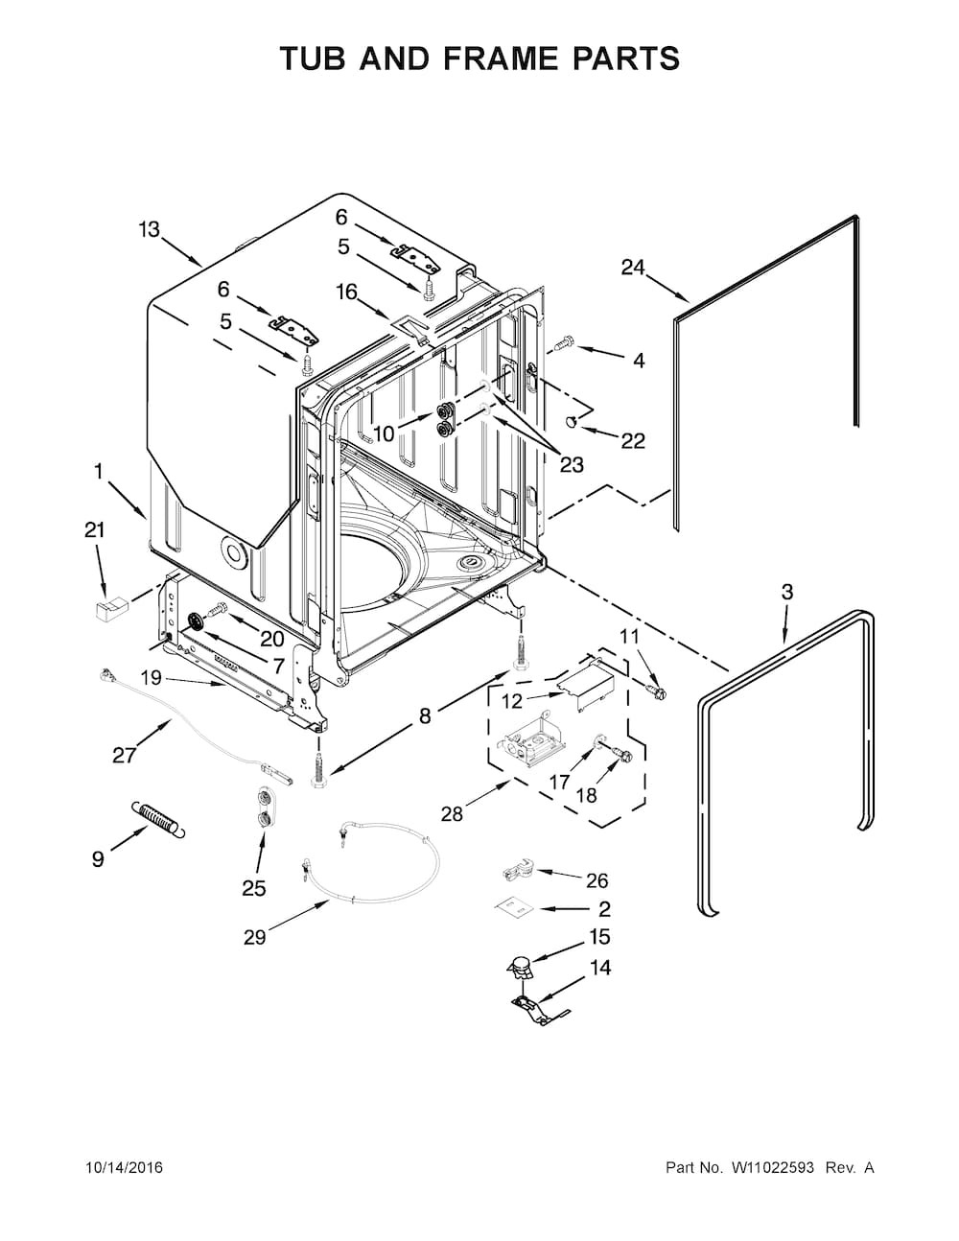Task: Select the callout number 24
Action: tap(633, 268)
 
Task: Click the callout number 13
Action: tap(149, 229)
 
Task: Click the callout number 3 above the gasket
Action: tap(787, 592)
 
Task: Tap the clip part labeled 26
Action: tap(515, 871)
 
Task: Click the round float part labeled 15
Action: tap(520, 970)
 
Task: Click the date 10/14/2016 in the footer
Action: tap(124, 1168)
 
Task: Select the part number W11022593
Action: tap(772, 1168)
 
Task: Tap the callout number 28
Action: tap(453, 813)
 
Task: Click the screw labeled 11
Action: tap(656, 687)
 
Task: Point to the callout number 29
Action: tap(254, 937)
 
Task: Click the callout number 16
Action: tap(346, 292)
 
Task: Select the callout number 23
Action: tap(572, 465)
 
